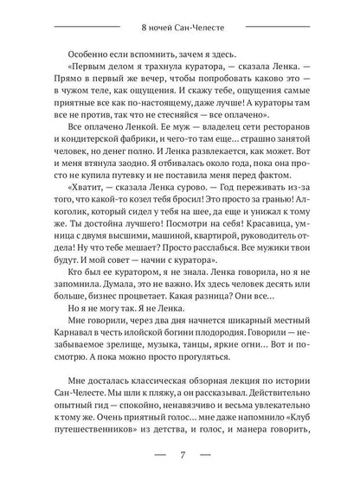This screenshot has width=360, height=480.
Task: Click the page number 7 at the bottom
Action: click(x=180, y=456)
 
